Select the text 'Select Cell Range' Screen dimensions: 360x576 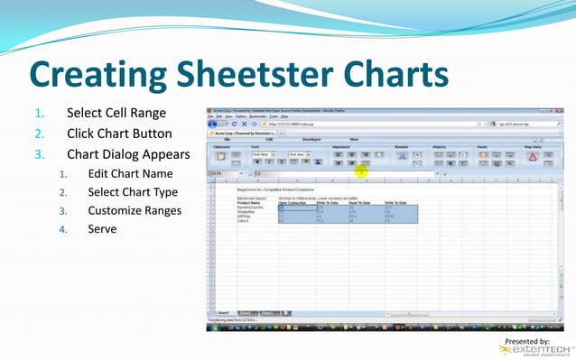pos(116,113)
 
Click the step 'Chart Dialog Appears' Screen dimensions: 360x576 pos(127,153)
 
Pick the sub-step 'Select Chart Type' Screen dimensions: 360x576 pos(133,192)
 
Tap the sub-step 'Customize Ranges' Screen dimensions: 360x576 pos(135,210)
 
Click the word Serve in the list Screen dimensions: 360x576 pos(102,229)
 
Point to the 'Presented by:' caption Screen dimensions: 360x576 pos(527,340)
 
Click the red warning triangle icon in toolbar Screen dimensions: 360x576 pos(533,156)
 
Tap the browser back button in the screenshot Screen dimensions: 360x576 pos(213,124)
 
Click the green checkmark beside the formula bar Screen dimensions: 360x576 pos(445,174)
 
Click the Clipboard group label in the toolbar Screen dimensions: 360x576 pos(221,146)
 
